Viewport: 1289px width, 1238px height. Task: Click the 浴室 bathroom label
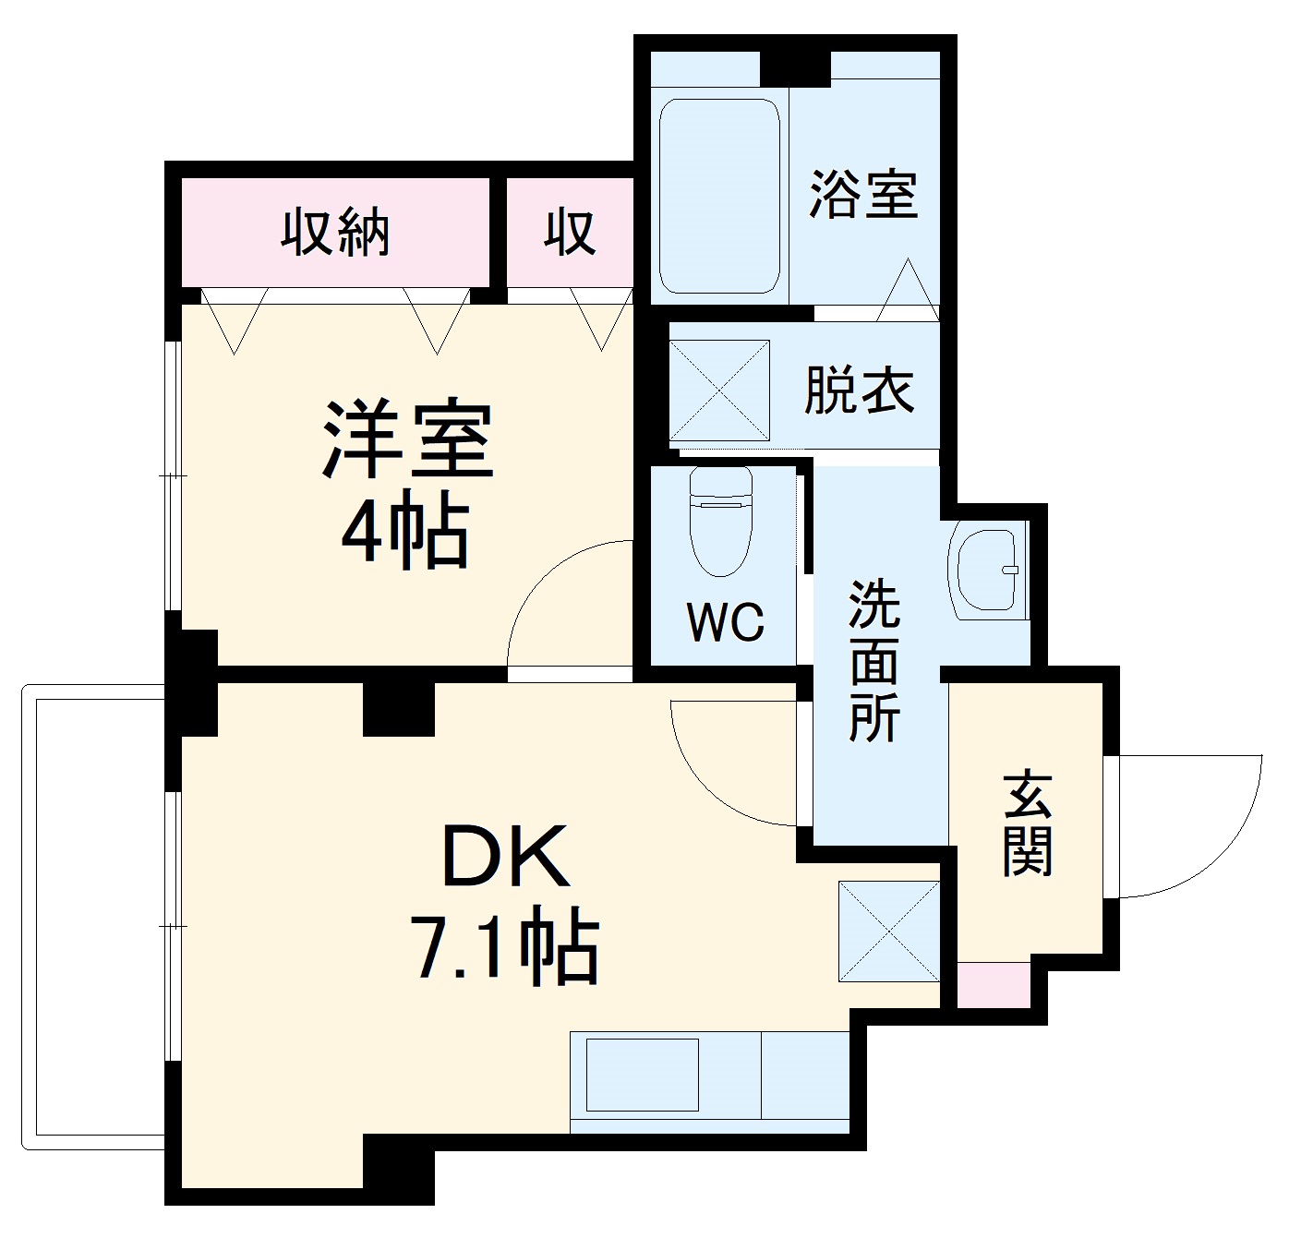[x=863, y=195]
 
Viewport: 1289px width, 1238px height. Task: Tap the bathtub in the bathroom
[x=719, y=196]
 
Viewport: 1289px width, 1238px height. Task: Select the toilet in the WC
[x=721, y=523]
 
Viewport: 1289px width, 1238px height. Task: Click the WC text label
[x=726, y=623]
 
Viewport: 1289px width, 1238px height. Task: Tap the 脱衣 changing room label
[x=859, y=391]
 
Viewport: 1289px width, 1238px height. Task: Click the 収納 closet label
[x=335, y=232]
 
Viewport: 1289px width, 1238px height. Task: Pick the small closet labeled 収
[x=570, y=232]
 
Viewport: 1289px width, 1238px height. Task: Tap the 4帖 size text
[x=406, y=535]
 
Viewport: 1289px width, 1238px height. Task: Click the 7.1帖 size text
[x=506, y=947]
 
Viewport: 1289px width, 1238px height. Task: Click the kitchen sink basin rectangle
[x=643, y=1075]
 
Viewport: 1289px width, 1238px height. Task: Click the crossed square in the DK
[x=888, y=931]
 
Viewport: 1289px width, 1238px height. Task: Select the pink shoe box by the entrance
[x=993, y=984]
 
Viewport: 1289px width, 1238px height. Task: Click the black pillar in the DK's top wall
[x=398, y=708]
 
